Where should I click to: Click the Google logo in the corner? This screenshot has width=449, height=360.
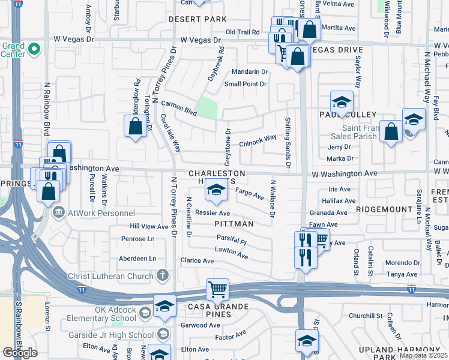(x=19, y=352)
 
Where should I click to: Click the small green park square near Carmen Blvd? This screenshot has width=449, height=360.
(x=207, y=107)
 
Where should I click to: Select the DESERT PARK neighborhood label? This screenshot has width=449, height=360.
(x=197, y=19)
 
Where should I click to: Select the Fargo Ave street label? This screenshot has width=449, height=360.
(x=249, y=193)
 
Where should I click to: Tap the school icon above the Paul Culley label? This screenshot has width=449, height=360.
(x=341, y=102)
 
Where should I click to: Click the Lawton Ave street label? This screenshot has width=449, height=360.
(x=232, y=253)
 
